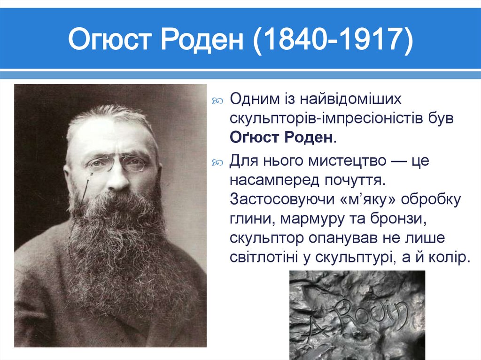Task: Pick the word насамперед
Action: pos(273,180)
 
